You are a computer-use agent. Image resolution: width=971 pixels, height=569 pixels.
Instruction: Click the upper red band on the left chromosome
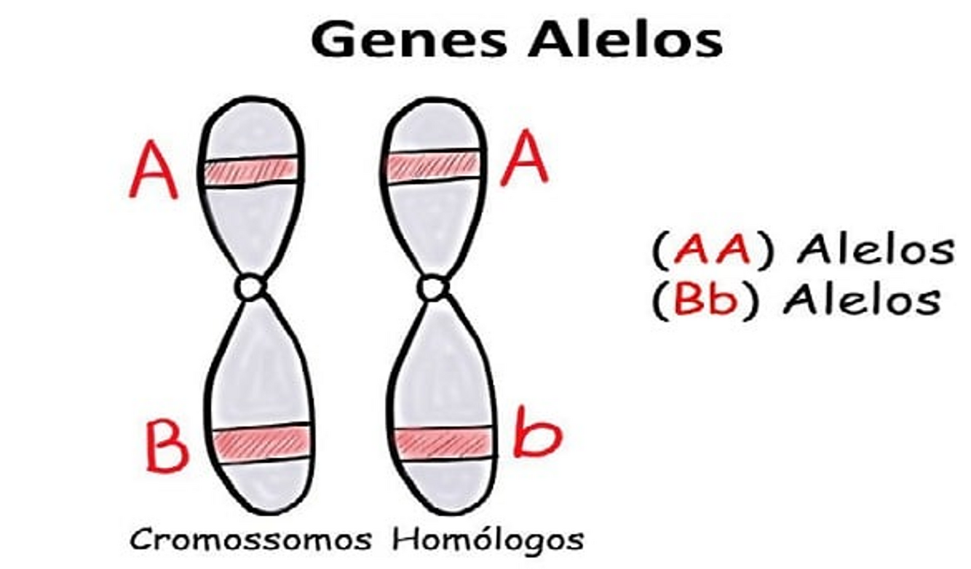250,170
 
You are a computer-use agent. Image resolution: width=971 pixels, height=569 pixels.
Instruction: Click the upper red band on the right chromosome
433,166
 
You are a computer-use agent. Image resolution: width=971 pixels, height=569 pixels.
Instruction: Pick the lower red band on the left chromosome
263,442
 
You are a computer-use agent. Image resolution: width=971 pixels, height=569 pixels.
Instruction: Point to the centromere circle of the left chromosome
251,287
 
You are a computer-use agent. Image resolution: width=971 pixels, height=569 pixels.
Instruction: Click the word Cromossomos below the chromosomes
250,541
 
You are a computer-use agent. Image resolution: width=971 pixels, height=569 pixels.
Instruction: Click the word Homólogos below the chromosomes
488,539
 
